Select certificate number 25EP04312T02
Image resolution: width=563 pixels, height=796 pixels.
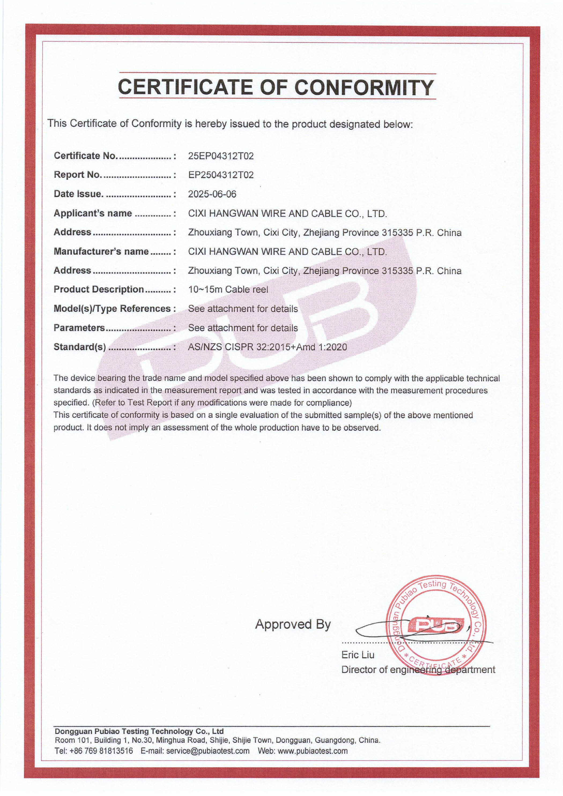click(x=221, y=156)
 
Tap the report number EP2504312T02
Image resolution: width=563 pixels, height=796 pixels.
click(x=221, y=175)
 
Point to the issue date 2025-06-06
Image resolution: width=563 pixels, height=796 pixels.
click(x=212, y=194)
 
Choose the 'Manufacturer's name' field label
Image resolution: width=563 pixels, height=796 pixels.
click(x=101, y=251)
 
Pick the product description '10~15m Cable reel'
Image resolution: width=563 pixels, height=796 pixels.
click(x=228, y=289)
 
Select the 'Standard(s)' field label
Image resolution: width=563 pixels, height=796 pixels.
click(x=80, y=347)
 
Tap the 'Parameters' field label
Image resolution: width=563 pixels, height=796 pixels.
click(x=79, y=328)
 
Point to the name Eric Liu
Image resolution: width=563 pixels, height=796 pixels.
click(x=358, y=655)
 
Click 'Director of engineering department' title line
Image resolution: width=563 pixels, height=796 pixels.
click(x=418, y=670)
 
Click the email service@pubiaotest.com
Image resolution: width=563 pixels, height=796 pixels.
click(x=208, y=751)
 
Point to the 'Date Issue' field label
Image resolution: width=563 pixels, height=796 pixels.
click(x=78, y=194)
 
